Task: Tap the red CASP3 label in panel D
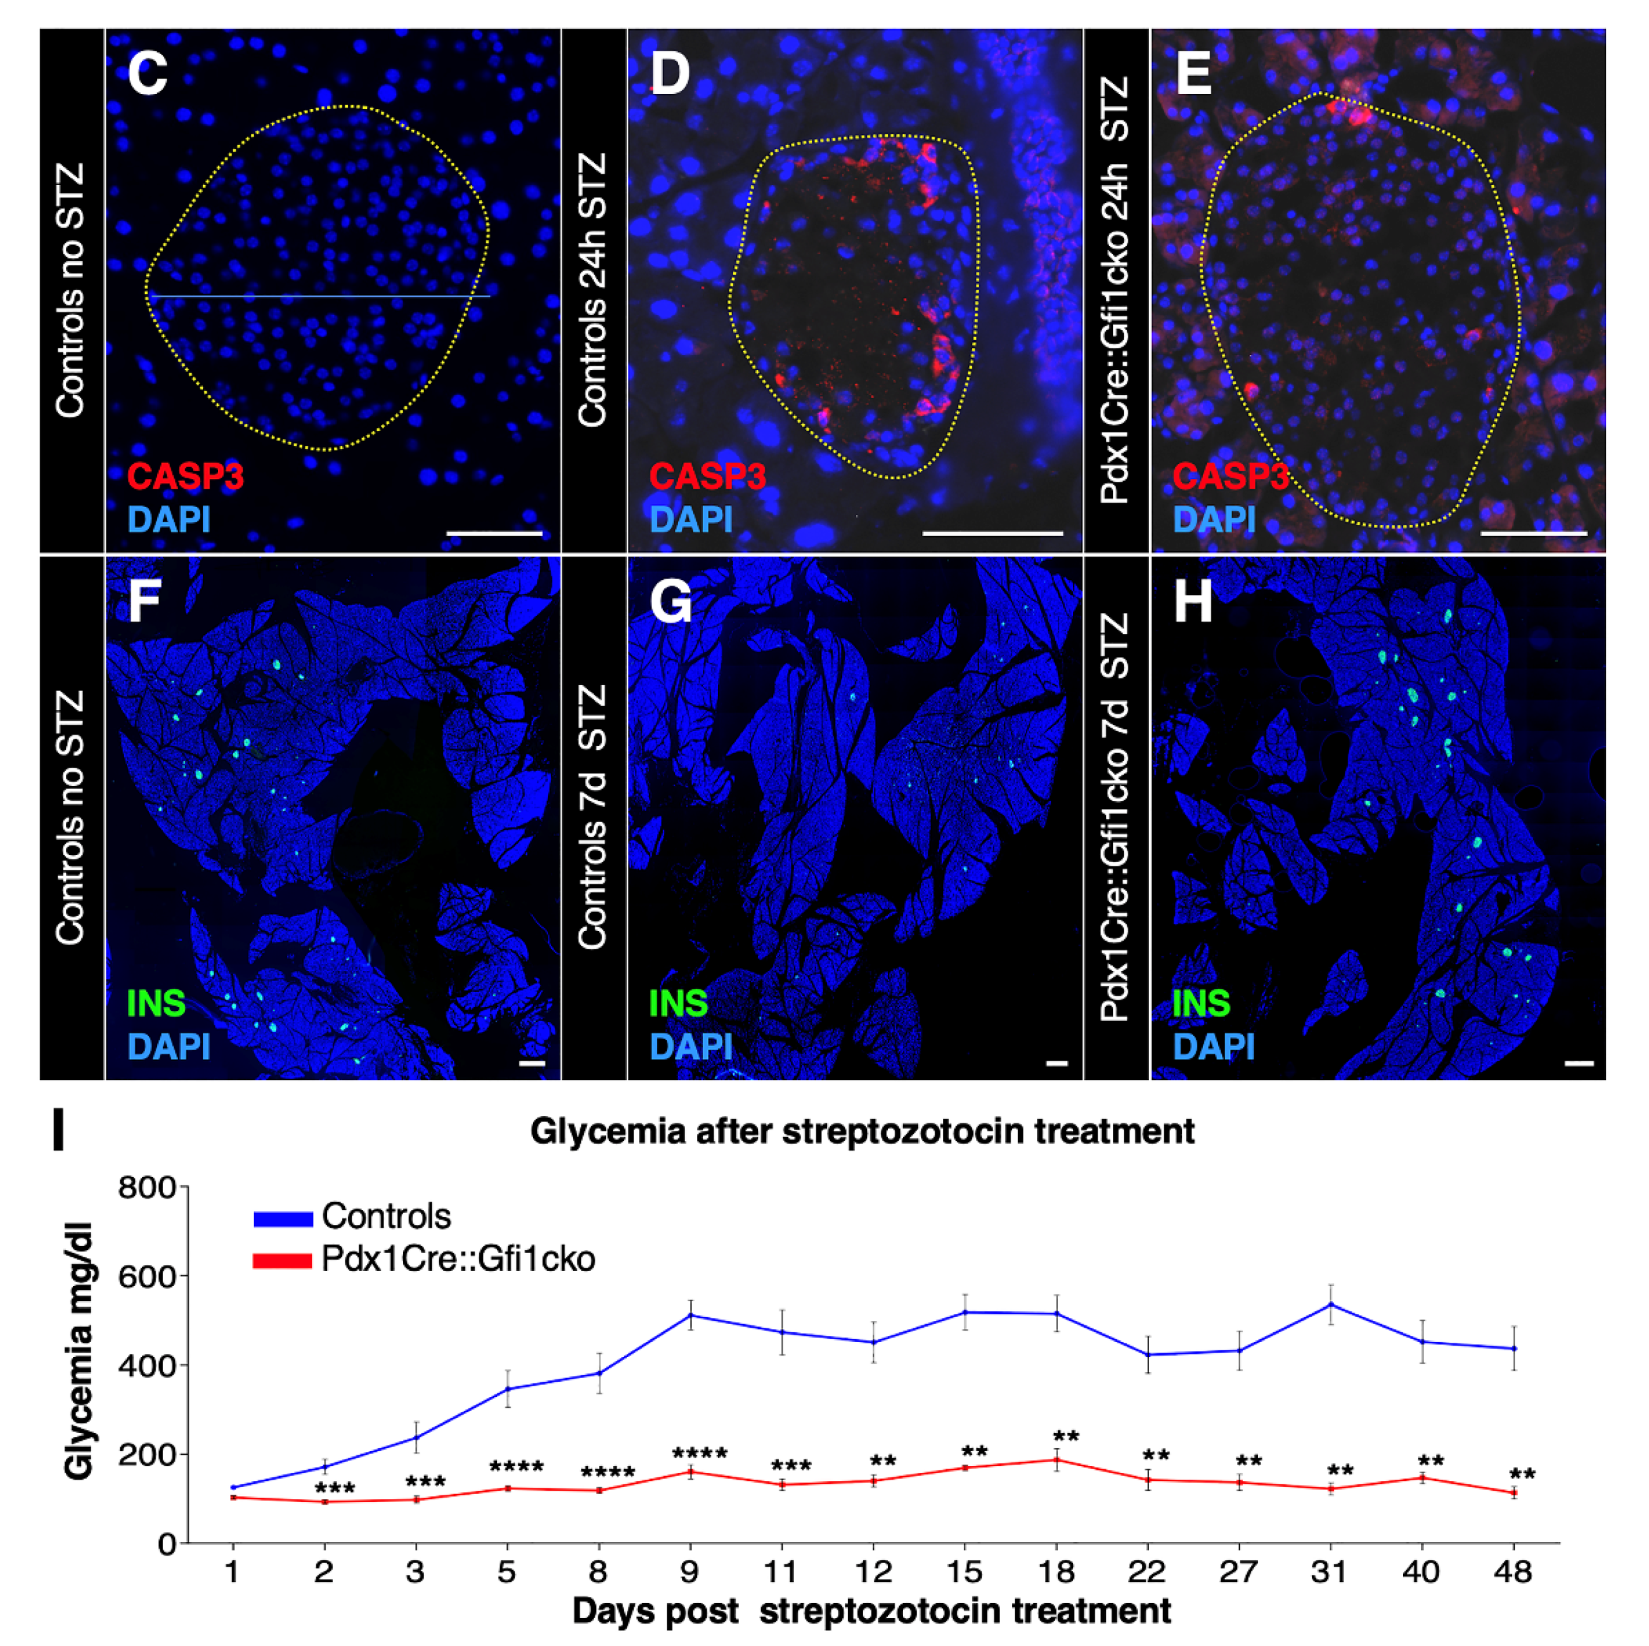pyautogui.click(x=707, y=475)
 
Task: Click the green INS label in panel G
pyautogui.click(x=679, y=1003)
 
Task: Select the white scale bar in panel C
pyautogui.click(x=494, y=534)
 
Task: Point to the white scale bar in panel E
pyautogui.click(x=1533, y=534)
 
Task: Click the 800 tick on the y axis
pyautogui.click(x=146, y=1188)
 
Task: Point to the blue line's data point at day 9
pyautogui.click(x=690, y=1316)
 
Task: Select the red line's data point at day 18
pyautogui.click(x=1056, y=1460)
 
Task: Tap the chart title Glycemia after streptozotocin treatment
pyautogui.click(x=862, y=1131)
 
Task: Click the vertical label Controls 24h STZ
pyautogui.click(x=593, y=290)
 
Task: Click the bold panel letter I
pyautogui.click(x=58, y=1129)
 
